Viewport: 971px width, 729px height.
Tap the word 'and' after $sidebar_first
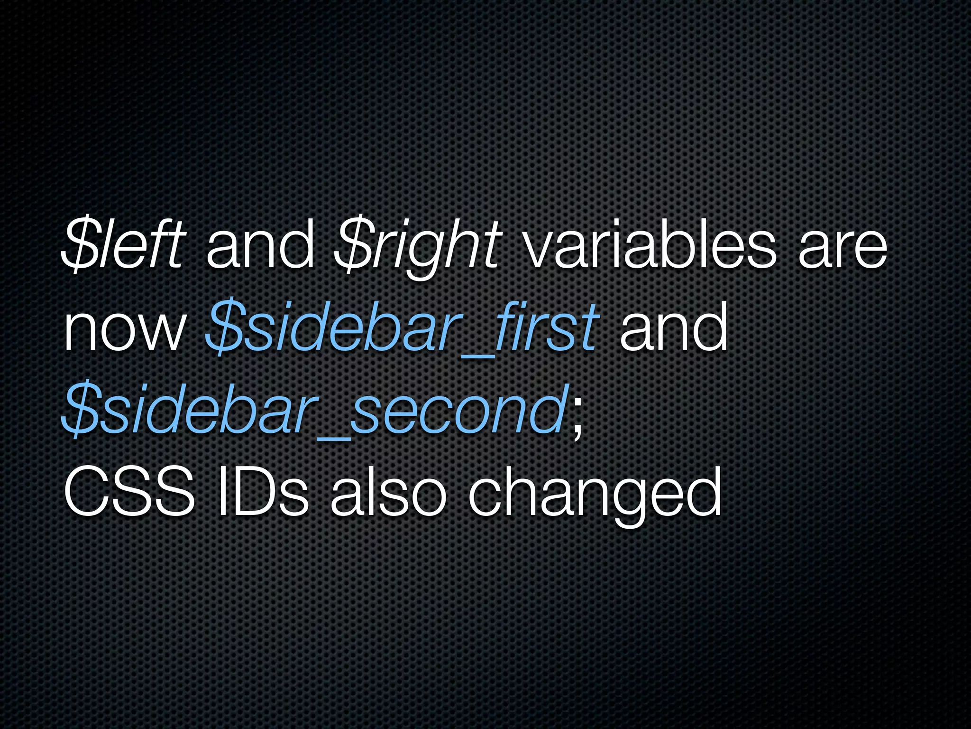click(x=673, y=327)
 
